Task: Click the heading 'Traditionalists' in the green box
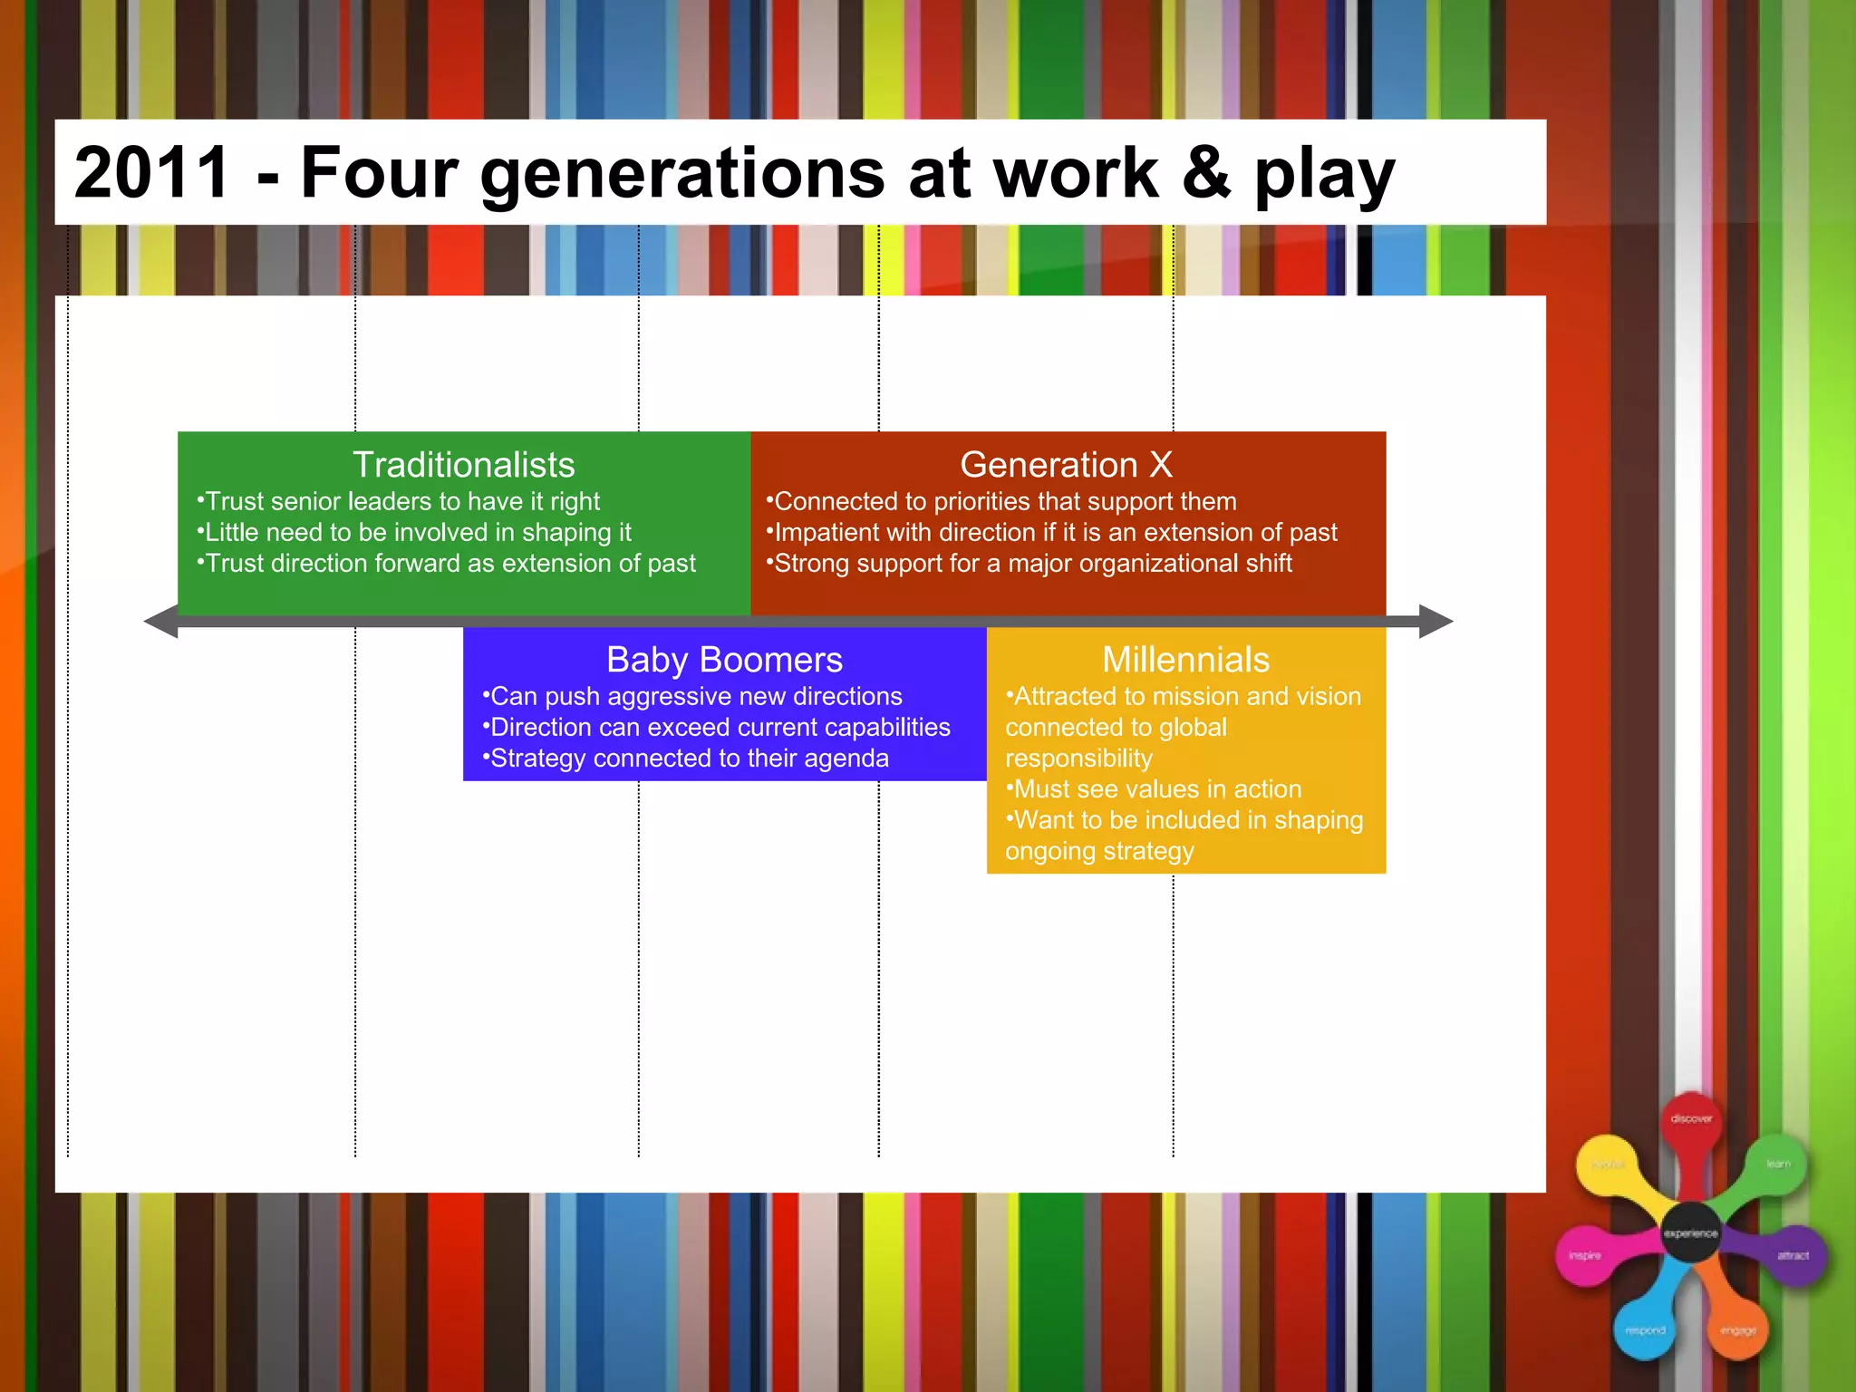[463, 465]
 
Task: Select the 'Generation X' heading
[1066, 465]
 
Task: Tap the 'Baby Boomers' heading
[724, 660]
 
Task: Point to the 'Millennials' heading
[1185, 660]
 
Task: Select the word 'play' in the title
[1324, 174]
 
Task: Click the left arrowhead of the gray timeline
[161, 622]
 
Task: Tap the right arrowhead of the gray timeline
[1435, 622]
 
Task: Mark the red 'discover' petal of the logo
[1691, 1119]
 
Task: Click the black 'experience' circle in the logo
[1690, 1233]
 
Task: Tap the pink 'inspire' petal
[1585, 1256]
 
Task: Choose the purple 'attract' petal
[1793, 1256]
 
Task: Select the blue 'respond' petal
[1646, 1330]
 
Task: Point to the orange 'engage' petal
[1738, 1330]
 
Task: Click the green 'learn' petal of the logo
[1778, 1164]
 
